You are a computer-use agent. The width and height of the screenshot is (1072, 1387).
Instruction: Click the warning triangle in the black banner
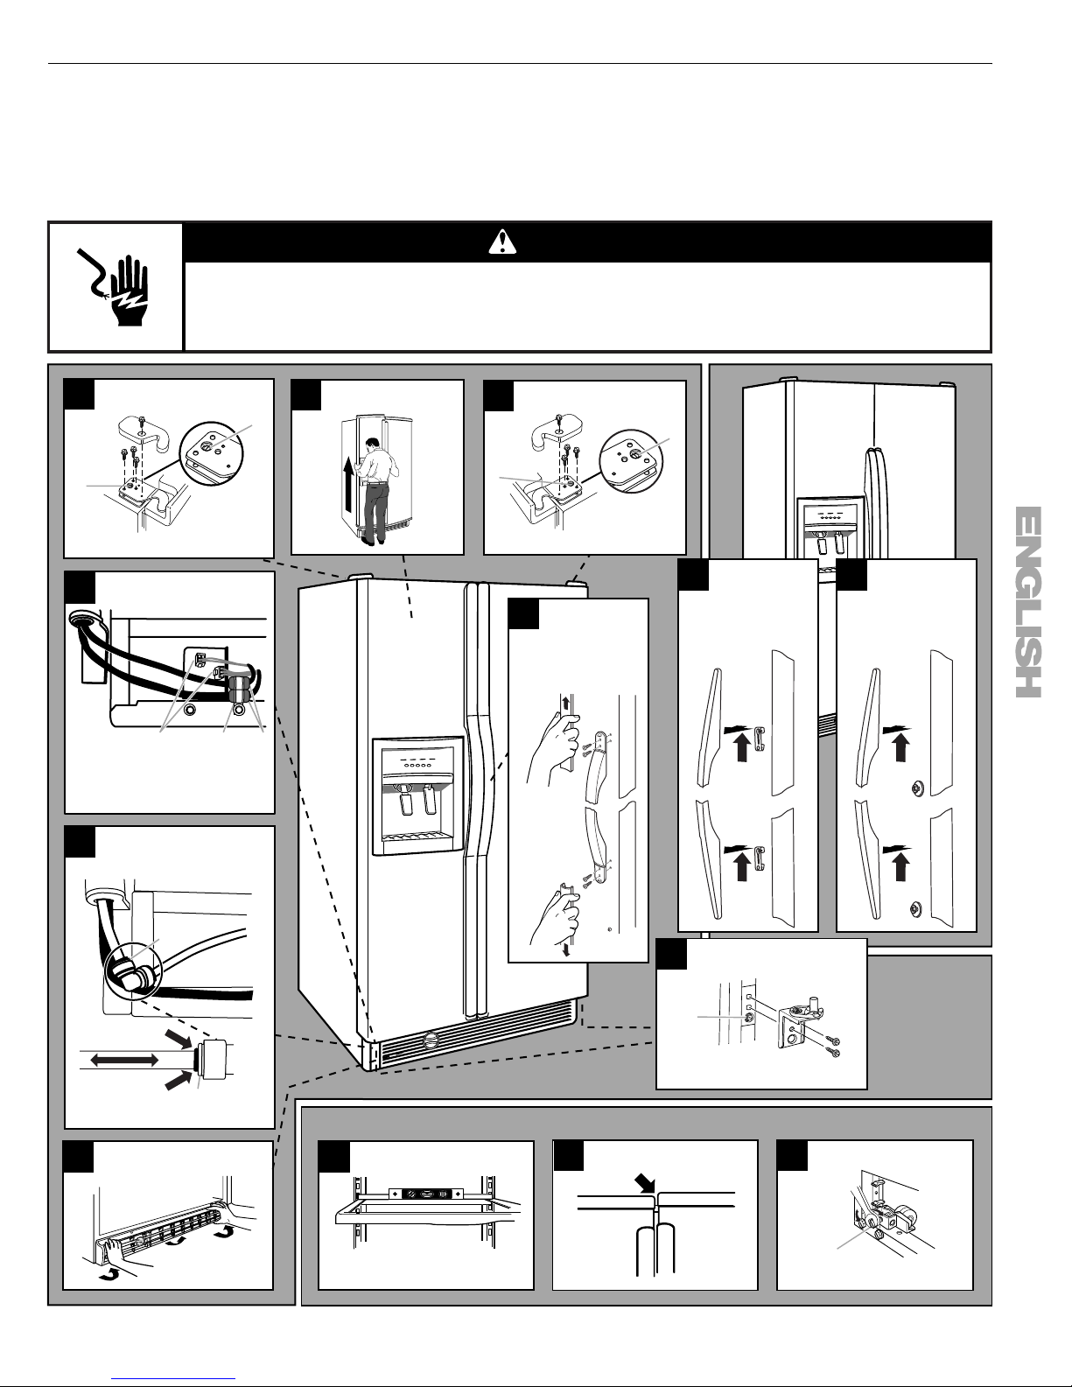502,242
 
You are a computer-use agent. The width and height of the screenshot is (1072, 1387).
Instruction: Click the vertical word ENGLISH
1028,602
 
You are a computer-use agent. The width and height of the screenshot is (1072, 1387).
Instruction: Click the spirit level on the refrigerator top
425,1191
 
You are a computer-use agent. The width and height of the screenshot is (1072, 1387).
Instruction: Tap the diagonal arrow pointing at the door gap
646,1183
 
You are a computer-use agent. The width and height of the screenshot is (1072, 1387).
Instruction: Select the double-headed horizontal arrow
124,1061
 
